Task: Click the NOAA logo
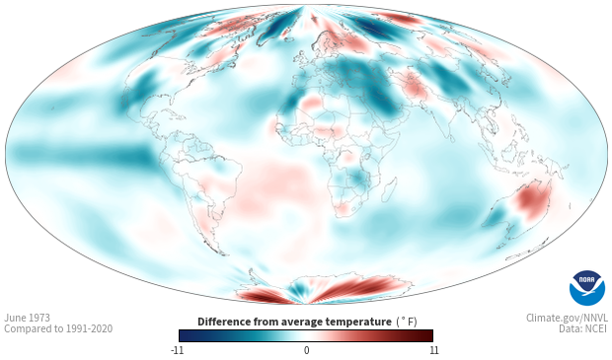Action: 587,288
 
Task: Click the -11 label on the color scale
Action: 178,350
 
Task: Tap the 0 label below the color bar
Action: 306,350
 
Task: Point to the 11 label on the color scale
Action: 433,350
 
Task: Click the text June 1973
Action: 28,318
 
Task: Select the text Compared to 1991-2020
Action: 58,328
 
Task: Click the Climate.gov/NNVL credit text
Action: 567,318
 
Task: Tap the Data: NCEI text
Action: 583,328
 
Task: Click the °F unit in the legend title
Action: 407,322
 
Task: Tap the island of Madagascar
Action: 390,189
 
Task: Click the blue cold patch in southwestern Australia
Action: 496,217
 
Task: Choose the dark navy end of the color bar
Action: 186,335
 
